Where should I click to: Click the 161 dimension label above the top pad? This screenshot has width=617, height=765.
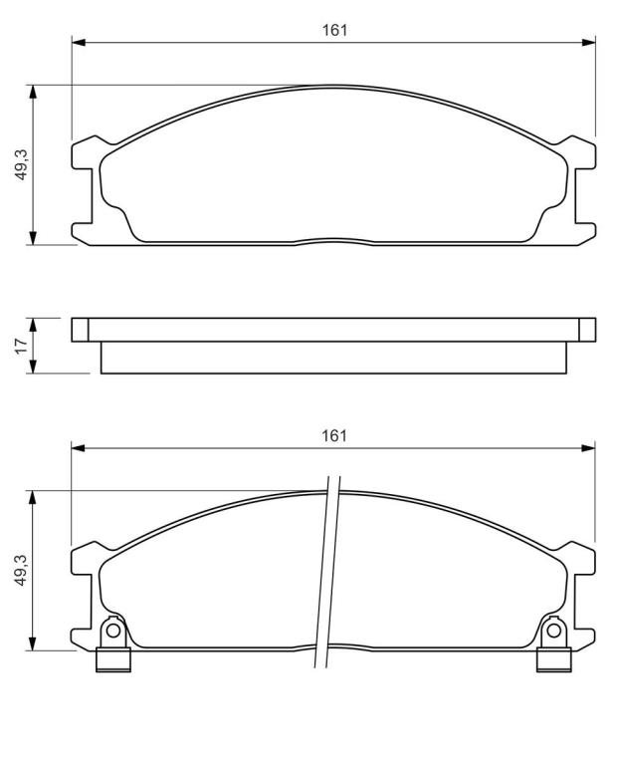pos(334,30)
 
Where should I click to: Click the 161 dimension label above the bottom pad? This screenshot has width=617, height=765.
pos(334,435)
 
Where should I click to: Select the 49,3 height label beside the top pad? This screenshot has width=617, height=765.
pos(22,165)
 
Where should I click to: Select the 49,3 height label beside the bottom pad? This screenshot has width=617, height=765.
pos(22,570)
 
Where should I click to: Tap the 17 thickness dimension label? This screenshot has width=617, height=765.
pos(21,346)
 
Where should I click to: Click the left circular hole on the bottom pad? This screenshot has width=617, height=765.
pos(113,631)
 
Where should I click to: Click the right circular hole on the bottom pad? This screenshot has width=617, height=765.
pos(553,631)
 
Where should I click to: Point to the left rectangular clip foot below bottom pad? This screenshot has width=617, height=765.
pos(113,659)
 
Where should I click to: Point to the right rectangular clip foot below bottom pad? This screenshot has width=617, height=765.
pos(554,659)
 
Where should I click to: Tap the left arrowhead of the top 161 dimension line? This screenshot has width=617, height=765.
pos(78,43)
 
